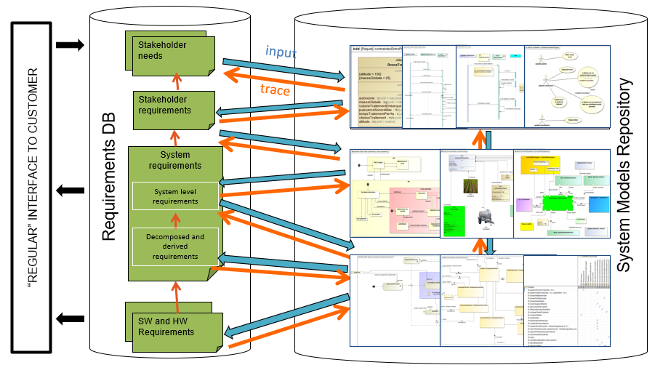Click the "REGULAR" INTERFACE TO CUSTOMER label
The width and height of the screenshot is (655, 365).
point(31,187)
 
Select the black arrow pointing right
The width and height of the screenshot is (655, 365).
point(70,46)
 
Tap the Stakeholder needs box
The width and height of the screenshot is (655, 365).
point(172,53)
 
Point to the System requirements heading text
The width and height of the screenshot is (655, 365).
point(174,160)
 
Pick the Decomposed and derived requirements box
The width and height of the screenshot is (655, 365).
point(175,246)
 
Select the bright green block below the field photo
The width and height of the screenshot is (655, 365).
point(455,219)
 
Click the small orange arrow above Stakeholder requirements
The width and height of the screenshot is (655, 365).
point(174,82)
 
